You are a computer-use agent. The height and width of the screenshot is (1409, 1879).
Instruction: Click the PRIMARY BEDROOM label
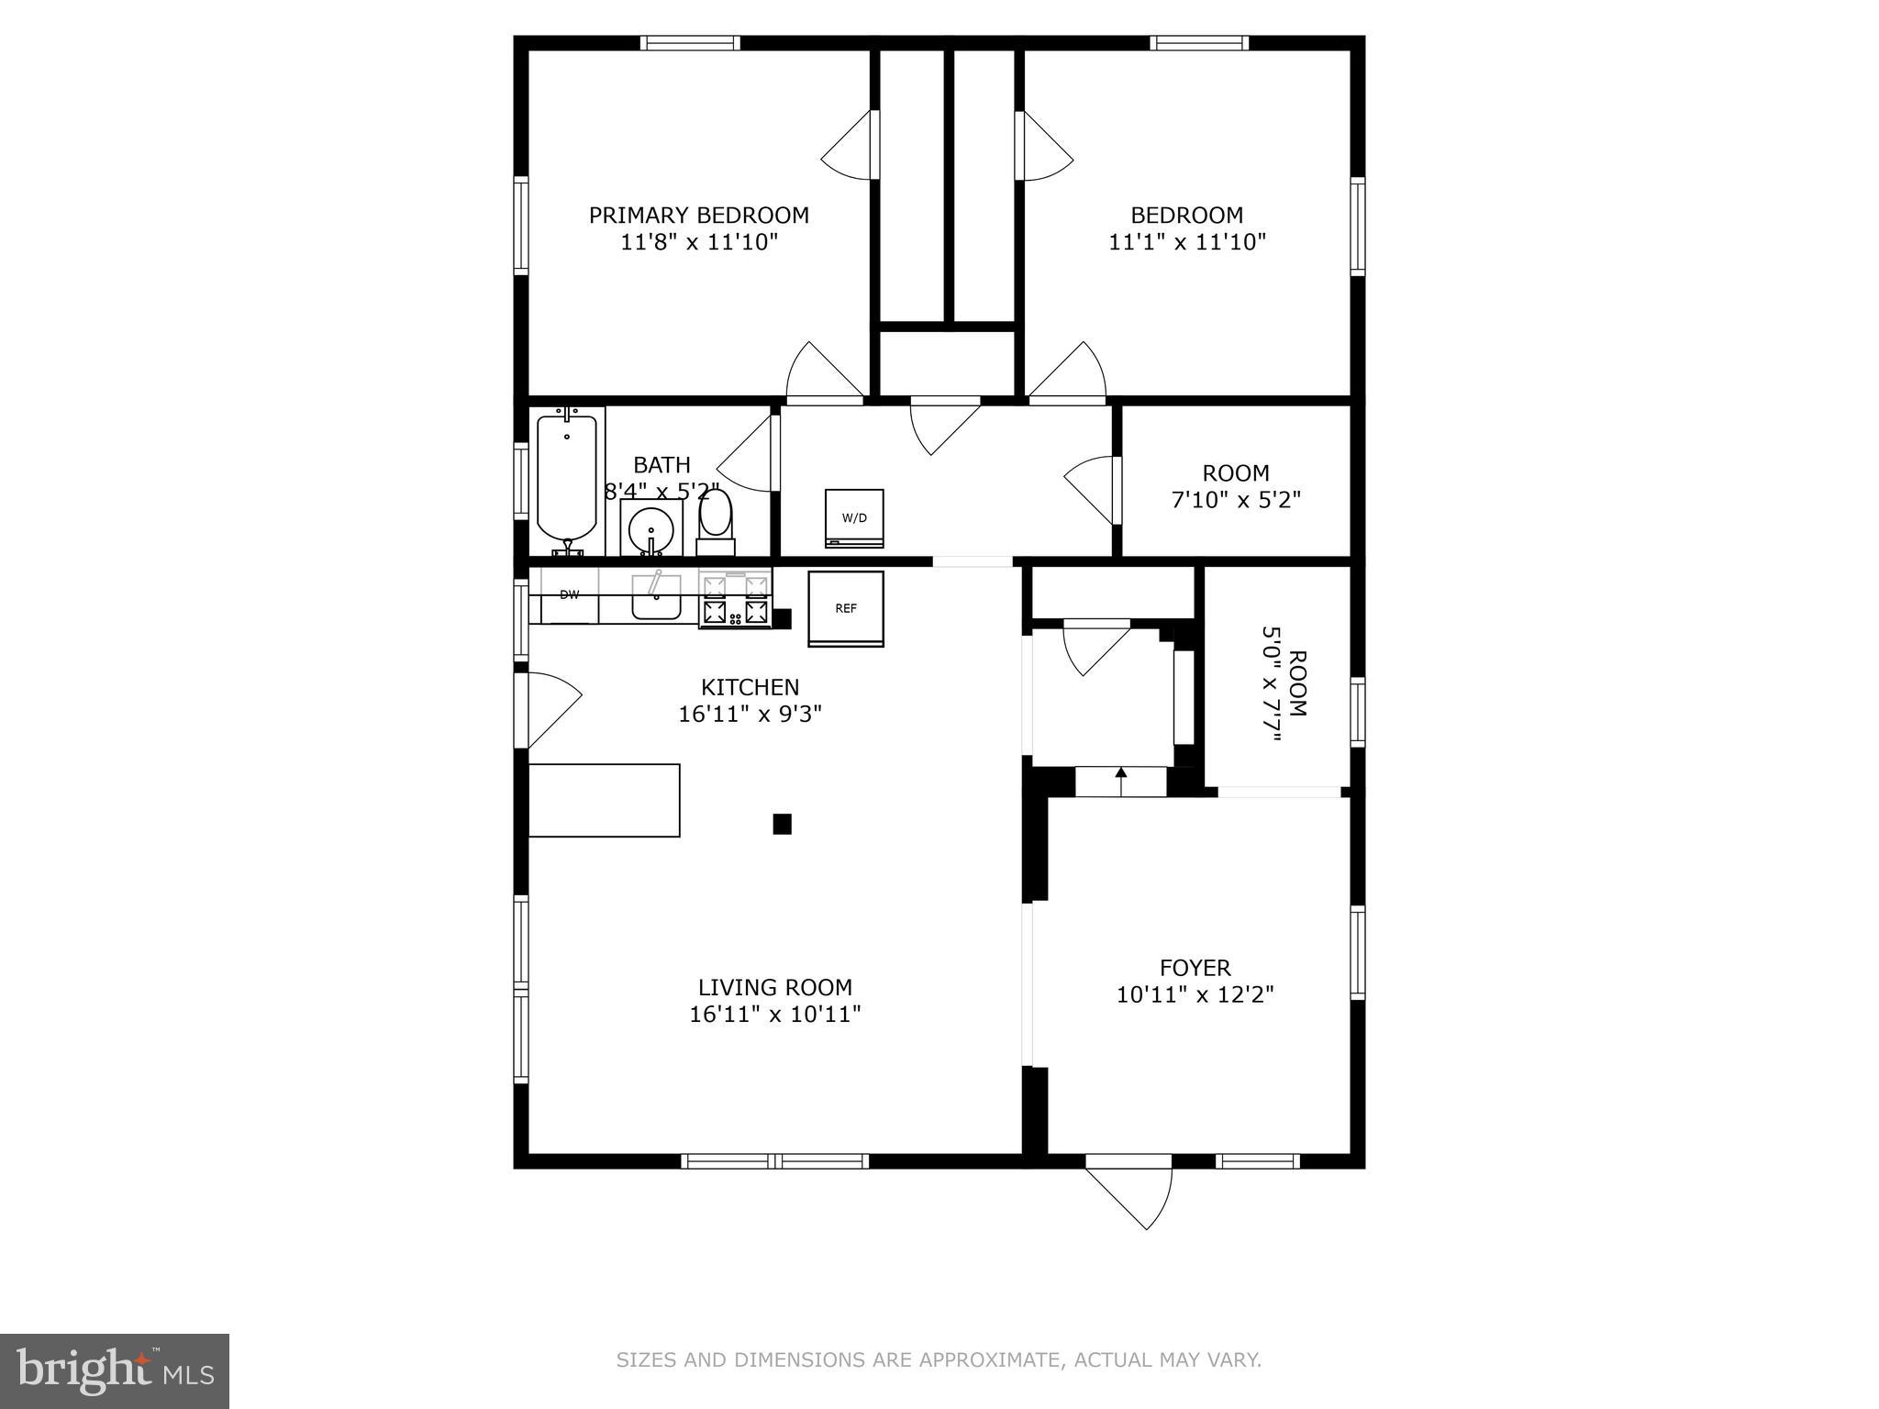[x=698, y=216]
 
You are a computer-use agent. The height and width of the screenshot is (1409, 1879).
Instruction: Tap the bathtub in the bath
[x=566, y=477]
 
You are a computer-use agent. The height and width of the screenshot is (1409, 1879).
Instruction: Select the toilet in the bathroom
[x=716, y=518]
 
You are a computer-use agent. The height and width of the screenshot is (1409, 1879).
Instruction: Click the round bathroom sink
[x=651, y=530]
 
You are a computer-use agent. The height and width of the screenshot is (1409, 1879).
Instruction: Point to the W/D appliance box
[x=854, y=518]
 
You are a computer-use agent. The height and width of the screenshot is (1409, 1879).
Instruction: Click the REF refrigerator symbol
[x=845, y=609]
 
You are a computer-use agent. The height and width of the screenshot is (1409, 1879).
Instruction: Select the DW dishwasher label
[x=570, y=595]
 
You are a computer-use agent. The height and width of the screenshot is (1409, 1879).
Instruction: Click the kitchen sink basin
[x=655, y=601]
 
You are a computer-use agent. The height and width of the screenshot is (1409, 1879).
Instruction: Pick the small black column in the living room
[x=782, y=824]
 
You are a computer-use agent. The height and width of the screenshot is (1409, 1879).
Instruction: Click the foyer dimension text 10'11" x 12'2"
[x=1195, y=994]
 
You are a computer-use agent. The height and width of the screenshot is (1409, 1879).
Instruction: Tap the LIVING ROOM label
[x=774, y=987]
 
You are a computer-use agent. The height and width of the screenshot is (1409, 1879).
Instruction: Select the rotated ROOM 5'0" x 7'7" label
[x=1284, y=683]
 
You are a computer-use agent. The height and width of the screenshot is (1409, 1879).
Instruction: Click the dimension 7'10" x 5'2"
[x=1236, y=501]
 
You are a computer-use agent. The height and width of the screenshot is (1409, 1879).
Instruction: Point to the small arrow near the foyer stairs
[x=1120, y=773]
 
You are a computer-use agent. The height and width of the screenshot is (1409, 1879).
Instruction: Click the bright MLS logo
[x=115, y=1371]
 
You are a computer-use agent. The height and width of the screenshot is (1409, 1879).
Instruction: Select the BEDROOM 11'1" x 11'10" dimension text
[x=1187, y=242]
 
